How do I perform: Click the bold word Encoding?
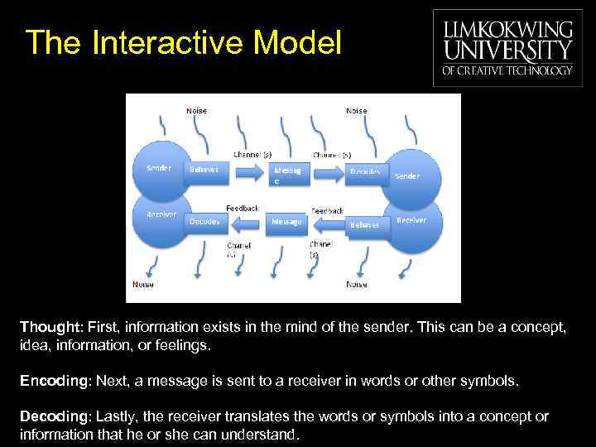[x=55, y=381]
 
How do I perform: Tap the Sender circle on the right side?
[x=409, y=175]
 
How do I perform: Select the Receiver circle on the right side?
[x=411, y=222]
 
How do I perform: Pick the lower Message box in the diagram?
[x=287, y=222]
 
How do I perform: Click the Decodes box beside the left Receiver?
[x=204, y=222]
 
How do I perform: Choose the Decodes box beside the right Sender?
[x=365, y=172]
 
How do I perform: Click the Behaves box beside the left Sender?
[x=204, y=171]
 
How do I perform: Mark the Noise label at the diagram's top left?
[x=196, y=111]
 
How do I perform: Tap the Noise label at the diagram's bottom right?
[x=357, y=284]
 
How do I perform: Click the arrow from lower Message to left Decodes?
[x=248, y=223]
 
